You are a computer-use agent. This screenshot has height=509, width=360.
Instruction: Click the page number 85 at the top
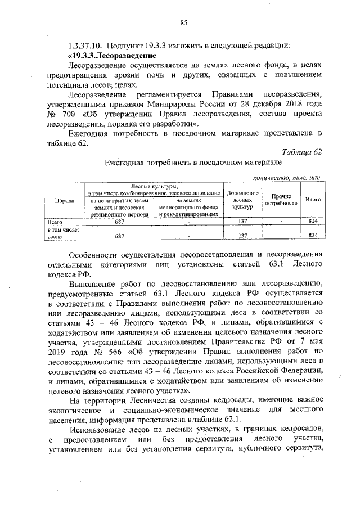183,22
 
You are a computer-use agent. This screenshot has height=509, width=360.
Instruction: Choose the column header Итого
313,200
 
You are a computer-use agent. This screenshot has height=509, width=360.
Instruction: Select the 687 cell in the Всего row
119,222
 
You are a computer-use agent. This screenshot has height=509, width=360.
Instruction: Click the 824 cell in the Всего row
313,222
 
